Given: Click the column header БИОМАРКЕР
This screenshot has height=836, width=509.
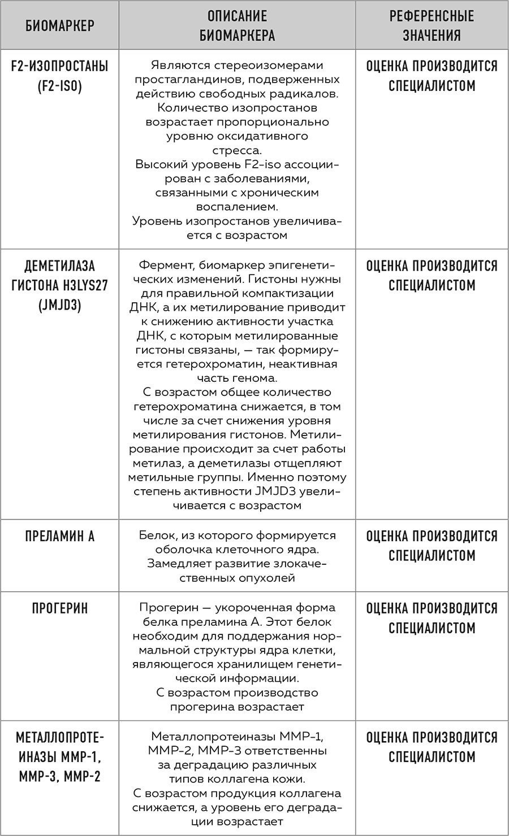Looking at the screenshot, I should [x=59, y=25].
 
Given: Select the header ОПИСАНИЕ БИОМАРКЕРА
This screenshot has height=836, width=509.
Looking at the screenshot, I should [x=237, y=25].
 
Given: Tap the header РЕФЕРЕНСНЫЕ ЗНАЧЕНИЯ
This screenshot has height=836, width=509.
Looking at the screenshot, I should [x=432, y=25].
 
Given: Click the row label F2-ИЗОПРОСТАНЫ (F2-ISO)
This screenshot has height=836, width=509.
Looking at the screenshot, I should [x=59, y=76].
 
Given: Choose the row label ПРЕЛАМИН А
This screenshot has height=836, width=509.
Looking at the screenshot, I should [x=59, y=536].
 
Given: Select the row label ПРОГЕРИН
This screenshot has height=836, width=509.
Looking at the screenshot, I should [x=59, y=608].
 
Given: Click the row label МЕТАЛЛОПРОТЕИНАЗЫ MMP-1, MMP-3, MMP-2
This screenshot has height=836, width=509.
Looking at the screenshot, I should [x=59, y=757].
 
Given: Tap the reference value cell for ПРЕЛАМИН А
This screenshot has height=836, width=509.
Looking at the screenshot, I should [x=432, y=546].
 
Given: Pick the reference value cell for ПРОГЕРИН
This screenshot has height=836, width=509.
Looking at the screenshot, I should [x=432, y=618].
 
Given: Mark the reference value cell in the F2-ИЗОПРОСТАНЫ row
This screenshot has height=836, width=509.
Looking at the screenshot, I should [x=432, y=76].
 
